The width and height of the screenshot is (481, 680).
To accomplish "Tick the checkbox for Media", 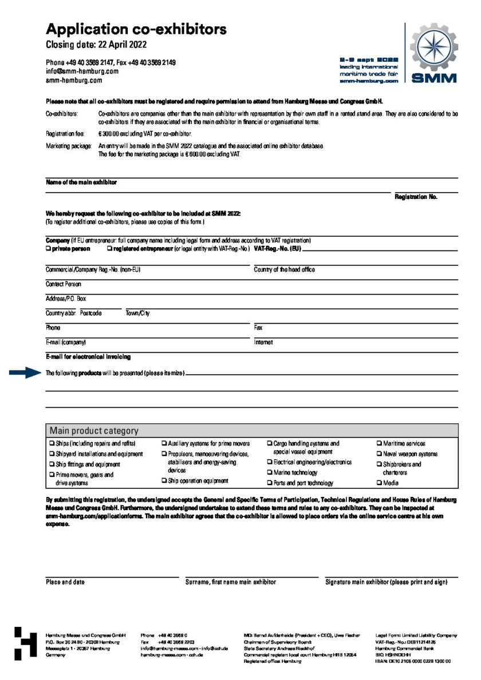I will pos(379,483).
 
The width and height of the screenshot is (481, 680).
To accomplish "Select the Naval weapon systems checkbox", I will pos(379,454).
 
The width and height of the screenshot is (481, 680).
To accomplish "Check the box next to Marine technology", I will pos(270,473).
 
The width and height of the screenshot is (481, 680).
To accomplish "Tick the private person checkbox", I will pos(48,249).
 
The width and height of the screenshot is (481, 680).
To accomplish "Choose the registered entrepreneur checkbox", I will pos(109,249).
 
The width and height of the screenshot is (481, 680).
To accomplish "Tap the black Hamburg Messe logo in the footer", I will pos(26,644).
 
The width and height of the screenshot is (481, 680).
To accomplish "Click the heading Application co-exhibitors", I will pos(136,29).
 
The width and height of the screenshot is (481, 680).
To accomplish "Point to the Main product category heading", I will pos(94,431).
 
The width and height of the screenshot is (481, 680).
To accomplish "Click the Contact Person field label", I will pos(64,284).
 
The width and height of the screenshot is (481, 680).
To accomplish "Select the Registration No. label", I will pos(416,197).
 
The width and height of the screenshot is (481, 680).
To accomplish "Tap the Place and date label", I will pos(65,582).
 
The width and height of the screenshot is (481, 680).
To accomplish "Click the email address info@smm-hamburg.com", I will pos(82,71).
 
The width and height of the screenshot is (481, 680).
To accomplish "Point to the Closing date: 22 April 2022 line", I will pos(96,45).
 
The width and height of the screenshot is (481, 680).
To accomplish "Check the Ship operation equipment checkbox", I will pos(164,481).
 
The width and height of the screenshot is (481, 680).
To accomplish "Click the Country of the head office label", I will pos(284,269).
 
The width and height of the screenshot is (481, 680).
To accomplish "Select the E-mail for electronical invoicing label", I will pos(88,357).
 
